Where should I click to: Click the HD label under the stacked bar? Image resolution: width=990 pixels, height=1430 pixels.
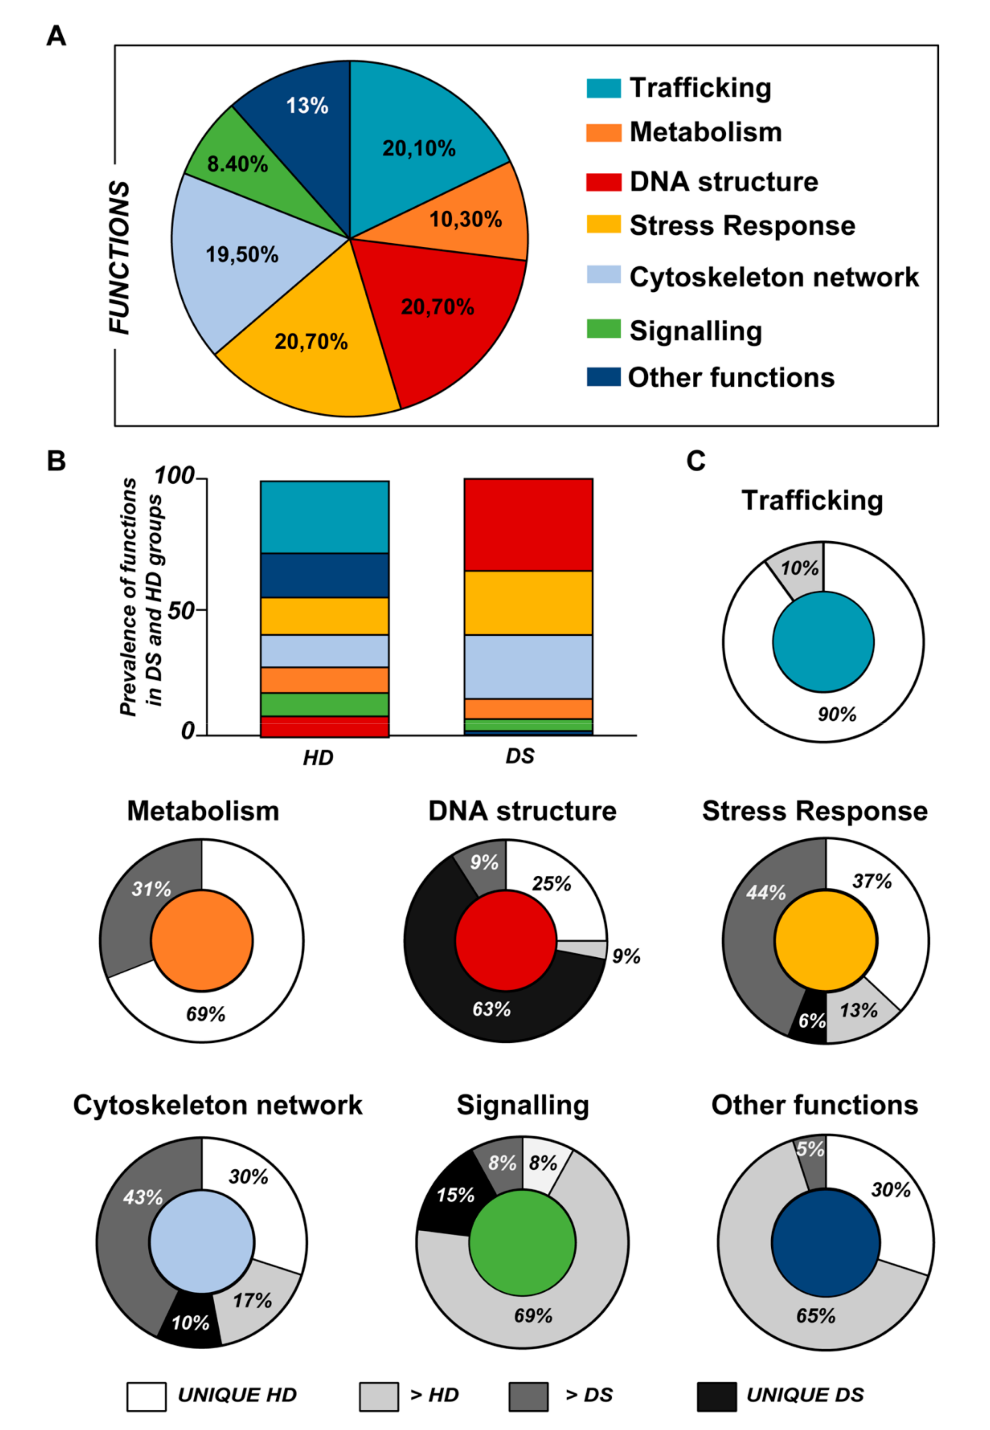(317, 757)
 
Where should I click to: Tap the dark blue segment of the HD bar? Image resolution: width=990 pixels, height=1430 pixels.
(324, 575)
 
